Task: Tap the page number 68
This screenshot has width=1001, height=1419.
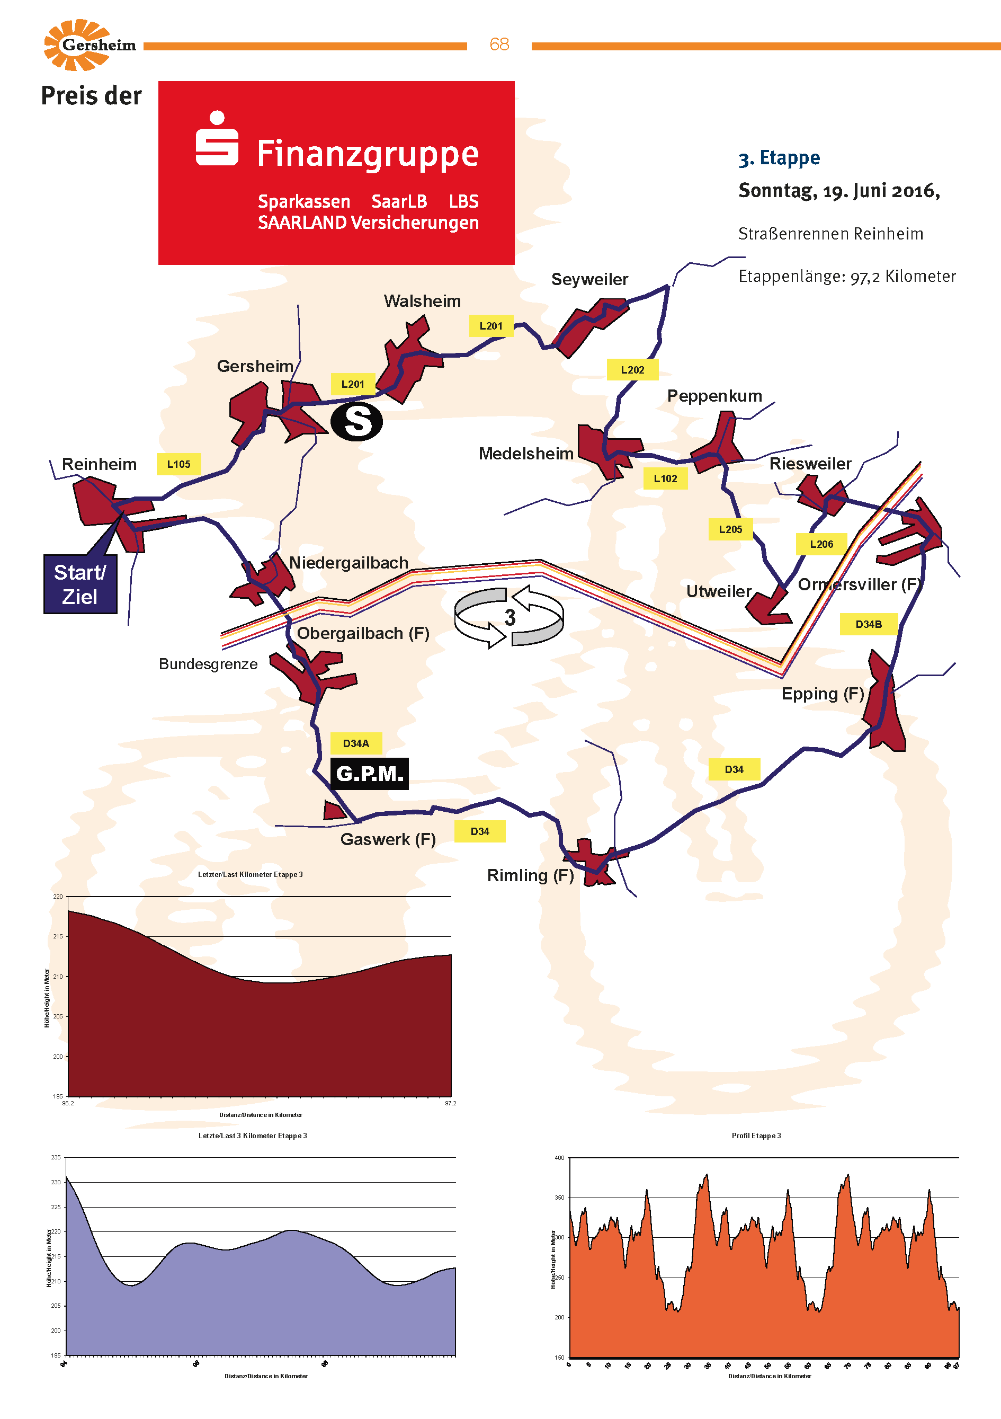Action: tap(499, 45)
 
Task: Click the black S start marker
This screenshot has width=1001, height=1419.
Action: tap(356, 421)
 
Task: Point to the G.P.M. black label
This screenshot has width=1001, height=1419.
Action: tap(370, 773)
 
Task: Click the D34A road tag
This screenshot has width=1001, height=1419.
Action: tap(356, 743)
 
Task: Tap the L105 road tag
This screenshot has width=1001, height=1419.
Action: tap(178, 464)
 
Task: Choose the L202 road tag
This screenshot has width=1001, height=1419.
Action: tap(632, 369)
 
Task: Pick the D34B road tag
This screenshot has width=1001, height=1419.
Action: tap(868, 624)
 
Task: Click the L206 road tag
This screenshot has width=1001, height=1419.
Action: tap(821, 544)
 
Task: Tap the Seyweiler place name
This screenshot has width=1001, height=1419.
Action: tap(589, 279)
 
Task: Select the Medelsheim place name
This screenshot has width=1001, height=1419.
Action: tap(526, 454)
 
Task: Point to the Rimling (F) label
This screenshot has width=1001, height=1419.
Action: tap(530, 875)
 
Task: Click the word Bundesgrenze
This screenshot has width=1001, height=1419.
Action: tap(208, 664)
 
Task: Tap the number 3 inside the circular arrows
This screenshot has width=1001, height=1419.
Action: tap(510, 617)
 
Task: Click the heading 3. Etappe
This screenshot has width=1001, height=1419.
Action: tap(779, 158)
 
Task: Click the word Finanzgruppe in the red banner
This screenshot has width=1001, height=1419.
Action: tap(368, 154)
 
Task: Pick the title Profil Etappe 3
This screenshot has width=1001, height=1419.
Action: tap(756, 1136)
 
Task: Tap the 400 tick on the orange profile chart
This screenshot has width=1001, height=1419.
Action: tap(559, 1158)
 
